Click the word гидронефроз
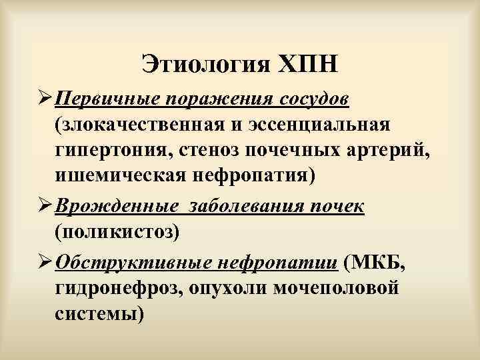(121, 287)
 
